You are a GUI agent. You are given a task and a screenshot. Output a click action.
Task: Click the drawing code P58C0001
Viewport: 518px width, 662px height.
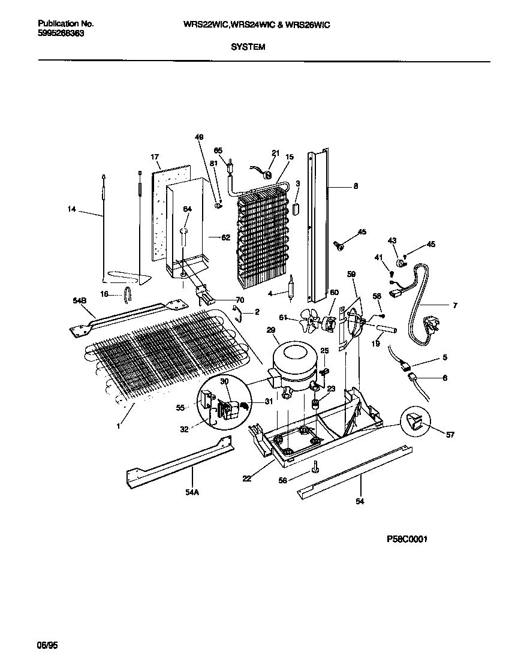tap(406, 539)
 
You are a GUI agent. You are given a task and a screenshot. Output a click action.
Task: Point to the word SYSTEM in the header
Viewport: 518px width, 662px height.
tap(248, 46)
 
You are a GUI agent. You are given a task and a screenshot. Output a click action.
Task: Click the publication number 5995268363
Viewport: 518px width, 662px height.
tap(61, 34)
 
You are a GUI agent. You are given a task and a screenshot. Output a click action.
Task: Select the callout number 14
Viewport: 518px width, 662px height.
tap(72, 209)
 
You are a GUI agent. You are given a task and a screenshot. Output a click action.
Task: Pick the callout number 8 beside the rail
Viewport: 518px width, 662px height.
tap(356, 186)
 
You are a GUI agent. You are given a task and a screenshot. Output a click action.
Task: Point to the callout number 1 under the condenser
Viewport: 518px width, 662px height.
tap(118, 426)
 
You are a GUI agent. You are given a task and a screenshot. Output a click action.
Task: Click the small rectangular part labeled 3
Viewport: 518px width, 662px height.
tap(296, 207)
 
